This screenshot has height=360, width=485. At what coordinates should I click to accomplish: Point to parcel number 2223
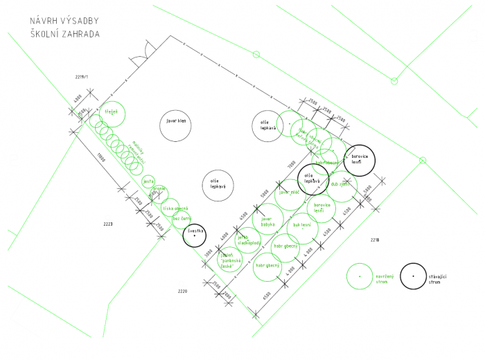(x=108, y=224)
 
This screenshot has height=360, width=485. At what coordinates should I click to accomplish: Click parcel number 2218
(x=375, y=240)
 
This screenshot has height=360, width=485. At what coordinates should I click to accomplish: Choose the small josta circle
(x=148, y=181)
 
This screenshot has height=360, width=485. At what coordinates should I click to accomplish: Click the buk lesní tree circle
(x=302, y=226)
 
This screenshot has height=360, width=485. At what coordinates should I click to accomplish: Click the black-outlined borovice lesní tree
(x=360, y=159)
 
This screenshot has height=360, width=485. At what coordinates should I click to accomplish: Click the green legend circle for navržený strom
(x=359, y=276)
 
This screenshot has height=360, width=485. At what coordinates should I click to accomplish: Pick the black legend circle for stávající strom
(x=414, y=276)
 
